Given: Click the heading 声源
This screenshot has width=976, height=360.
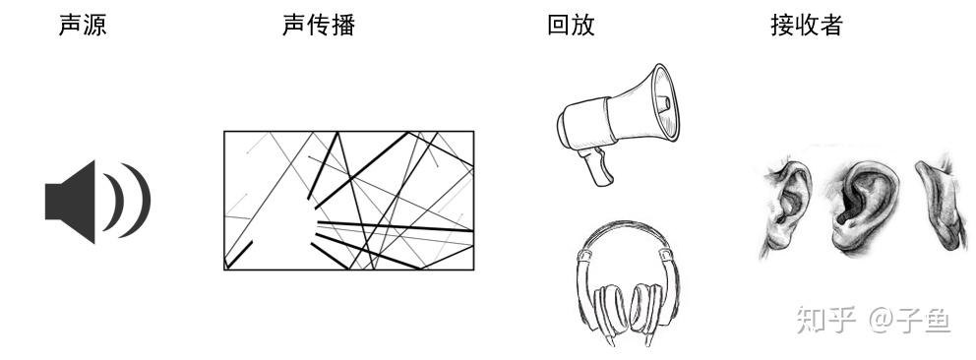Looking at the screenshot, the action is pyautogui.click(x=83, y=26).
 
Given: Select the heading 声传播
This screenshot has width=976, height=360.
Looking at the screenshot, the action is pyautogui.click(x=319, y=26).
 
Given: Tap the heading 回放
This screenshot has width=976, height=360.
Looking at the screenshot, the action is pyautogui.click(x=571, y=26).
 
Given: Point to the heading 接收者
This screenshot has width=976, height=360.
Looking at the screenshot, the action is pyautogui.click(x=807, y=26).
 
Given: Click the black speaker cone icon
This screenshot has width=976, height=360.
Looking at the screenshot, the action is pyautogui.click(x=70, y=202).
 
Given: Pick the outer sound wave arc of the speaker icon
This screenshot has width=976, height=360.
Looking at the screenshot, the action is pyautogui.click(x=144, y=201).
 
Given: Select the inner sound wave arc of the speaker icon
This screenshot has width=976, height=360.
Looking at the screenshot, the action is pyautogui.click(x=118, y=202).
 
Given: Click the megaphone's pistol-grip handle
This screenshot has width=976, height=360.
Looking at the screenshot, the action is pyautogui.click(x=596, y=166).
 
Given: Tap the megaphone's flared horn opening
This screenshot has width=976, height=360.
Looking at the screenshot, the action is pyautogui.click(x=662, y=102).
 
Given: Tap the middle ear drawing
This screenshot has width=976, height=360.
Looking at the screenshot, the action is pyautogui.click(x=862, y=206).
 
